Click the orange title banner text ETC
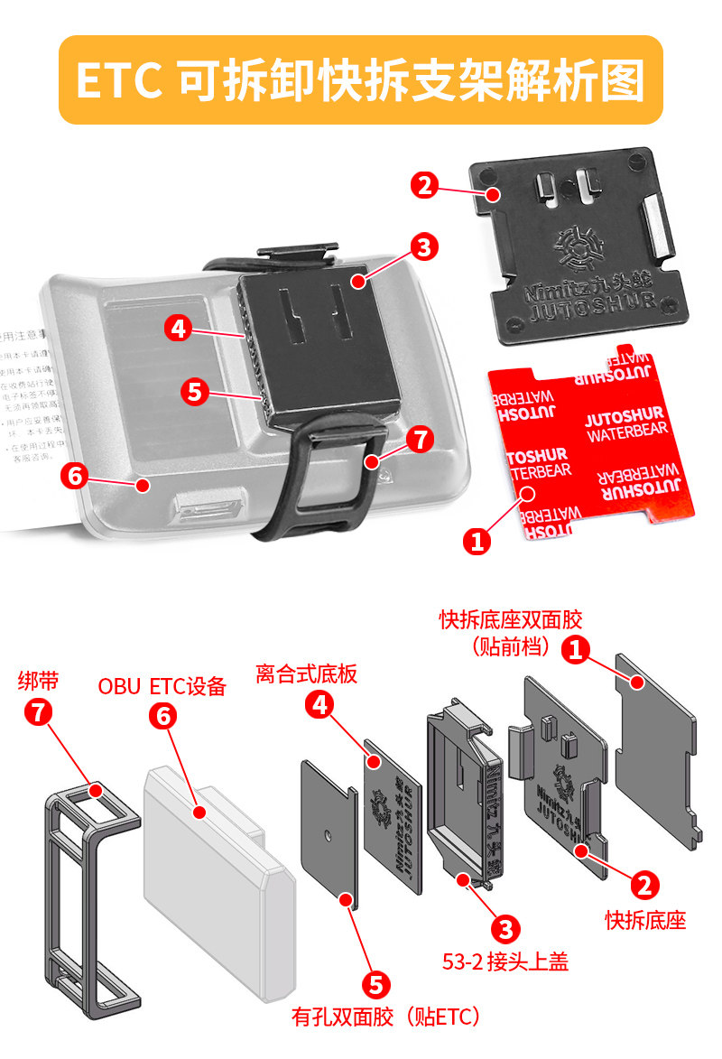(117, 80)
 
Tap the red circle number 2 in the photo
(425, 186)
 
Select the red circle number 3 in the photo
(423, 246)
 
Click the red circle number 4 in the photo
(179, 329)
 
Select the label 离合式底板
(306, 673)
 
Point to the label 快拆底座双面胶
(511, 620)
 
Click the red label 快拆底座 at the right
(645, 920)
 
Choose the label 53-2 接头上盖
(505, 961)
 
